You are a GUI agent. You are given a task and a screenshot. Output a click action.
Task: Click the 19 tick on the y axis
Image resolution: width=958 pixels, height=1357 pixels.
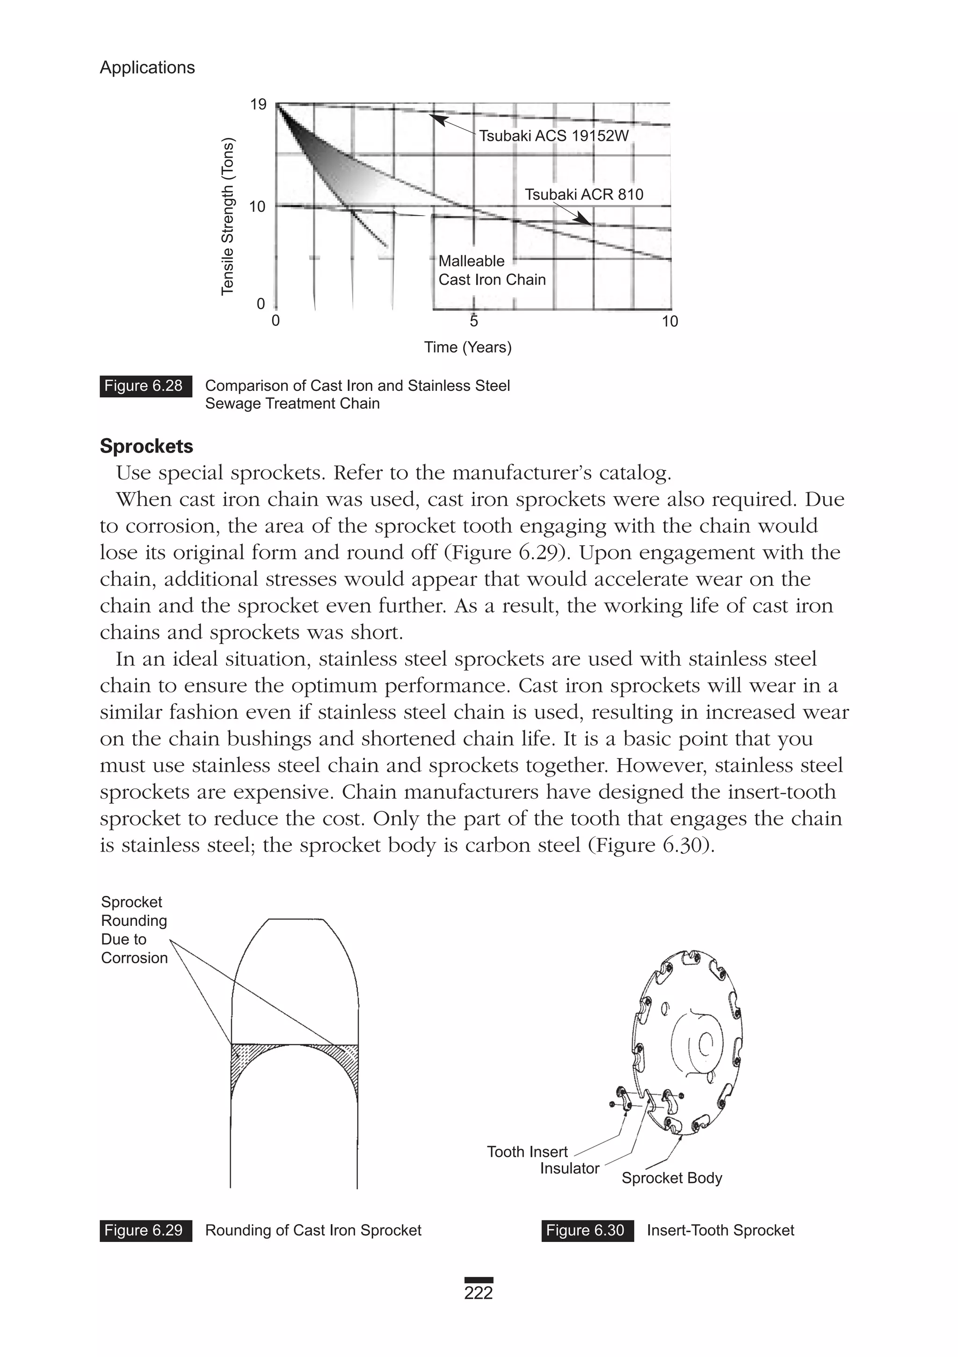pos(258,105)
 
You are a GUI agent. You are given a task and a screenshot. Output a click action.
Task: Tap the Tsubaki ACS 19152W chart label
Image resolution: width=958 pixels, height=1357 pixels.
pos(553,136)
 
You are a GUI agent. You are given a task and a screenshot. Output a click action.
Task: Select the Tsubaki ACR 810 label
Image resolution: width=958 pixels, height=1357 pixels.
pos(584,195)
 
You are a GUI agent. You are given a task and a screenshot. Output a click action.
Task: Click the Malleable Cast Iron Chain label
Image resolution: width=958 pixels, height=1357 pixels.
pos(492,270)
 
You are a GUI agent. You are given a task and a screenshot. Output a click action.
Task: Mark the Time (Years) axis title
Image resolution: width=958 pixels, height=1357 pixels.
pos(467,347)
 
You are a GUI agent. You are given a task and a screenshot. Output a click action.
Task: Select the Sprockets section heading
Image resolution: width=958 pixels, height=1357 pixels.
pos(146,446)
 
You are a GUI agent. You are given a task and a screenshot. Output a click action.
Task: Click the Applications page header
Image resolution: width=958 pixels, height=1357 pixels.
pos(147,67)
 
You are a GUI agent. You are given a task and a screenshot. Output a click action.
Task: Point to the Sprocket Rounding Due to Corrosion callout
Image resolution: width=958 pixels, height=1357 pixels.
pos(134,930)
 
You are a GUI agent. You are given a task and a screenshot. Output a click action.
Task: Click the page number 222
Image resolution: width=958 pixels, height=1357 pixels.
pos(479,1293)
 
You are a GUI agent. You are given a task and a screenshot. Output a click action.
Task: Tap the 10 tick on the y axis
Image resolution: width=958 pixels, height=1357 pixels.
pos(257,207)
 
